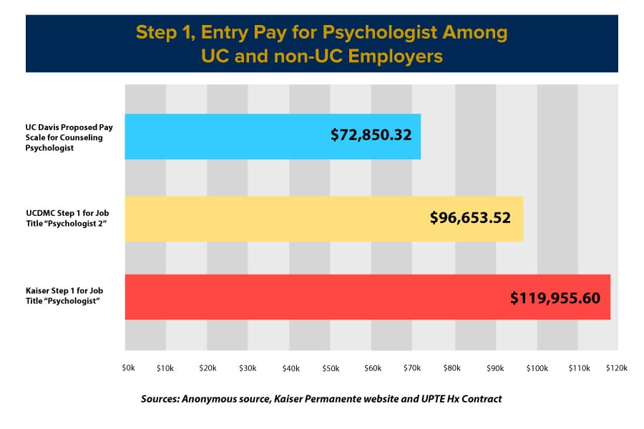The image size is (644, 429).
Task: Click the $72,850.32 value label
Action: tap(371, 134)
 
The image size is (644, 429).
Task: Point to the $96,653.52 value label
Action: tap(470, 217)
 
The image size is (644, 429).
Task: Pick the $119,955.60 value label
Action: tap(555, 297)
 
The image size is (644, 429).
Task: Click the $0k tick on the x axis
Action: tap(128, 368)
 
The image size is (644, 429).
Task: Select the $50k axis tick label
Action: tap(331, 368)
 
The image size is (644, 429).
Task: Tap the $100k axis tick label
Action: tap(537, 368)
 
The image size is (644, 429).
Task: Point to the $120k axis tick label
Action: tap(617, 368)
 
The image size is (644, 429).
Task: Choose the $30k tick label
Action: tap(248, 368)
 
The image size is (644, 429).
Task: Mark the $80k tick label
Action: tap(453, 368)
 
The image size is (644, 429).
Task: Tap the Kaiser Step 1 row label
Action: tap(64, 297)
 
